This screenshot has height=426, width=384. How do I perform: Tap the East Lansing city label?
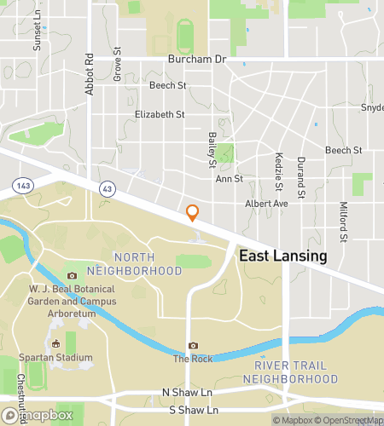point(282,256)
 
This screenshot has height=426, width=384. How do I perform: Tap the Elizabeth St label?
point(160,114)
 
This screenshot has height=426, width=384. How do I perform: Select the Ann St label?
point(229,179)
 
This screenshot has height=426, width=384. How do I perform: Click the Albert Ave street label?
point(267,204)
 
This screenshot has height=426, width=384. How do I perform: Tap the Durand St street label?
point(301,174)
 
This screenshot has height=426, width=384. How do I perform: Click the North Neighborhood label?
point(145,263)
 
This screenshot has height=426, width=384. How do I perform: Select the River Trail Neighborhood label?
point(291,371)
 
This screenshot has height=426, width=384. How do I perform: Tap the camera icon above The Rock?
point(193,345)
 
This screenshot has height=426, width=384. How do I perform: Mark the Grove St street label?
point(117,63)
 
